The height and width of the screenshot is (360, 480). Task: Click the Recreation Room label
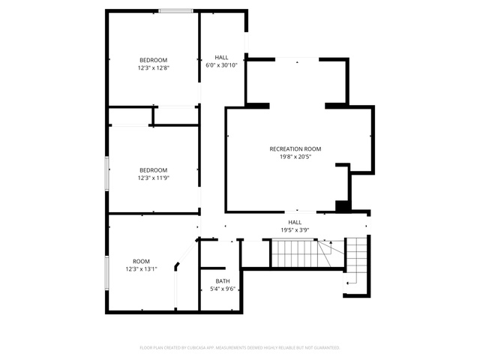pos(295,149)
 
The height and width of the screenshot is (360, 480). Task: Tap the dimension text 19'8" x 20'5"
pos(295,157)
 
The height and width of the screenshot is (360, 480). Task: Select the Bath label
pos(223,281)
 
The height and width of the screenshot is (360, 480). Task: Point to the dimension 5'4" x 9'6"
pos(223,289)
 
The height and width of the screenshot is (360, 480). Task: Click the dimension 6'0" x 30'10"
pos(221,65)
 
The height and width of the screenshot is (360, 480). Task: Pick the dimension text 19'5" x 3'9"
pos(295,230)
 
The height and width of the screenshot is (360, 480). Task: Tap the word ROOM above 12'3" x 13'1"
pos(141,262)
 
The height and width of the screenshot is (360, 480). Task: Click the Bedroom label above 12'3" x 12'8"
pos(153,60)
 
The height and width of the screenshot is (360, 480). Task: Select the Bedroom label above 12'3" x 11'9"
pos(153,170)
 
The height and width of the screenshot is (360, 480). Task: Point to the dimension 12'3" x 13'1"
pos(141,269)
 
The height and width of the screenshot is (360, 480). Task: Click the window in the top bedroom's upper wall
pos(175,11)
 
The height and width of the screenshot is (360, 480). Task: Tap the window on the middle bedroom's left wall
pos(107,173)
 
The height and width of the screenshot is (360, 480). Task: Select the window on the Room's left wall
pos(107,273)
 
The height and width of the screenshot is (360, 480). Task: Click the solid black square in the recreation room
pos(342,206)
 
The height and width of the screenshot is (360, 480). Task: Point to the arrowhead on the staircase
pos(331,242)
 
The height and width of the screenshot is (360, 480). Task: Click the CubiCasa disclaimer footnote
pos(240,348)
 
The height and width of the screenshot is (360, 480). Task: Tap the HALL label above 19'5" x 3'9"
pos(295,222)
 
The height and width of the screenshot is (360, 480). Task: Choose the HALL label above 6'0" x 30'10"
pos(221,57)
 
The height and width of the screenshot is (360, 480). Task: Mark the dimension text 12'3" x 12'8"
pos(153,67)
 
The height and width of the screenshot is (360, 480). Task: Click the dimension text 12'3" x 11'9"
pos(153,178)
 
